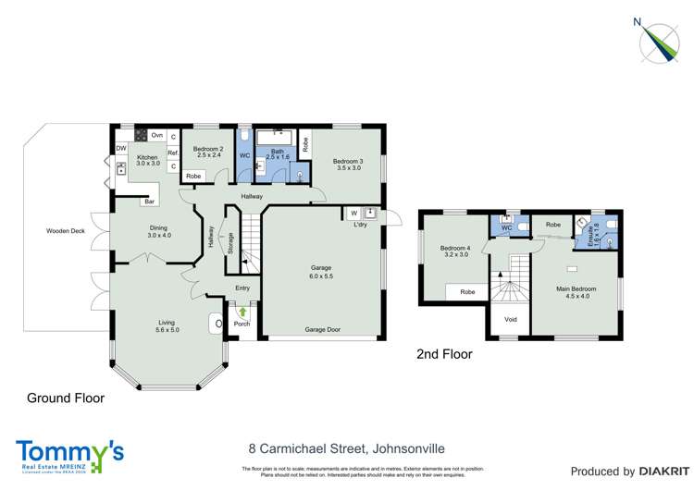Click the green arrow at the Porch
tap(242, 312)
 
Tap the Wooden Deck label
tap(64, 231)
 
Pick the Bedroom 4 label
tap(453, 250)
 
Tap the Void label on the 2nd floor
tap(511, 320)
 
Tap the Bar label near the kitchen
tap(147, 202)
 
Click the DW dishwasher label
tap(121, 149)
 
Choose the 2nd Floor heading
tap(444, 354)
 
